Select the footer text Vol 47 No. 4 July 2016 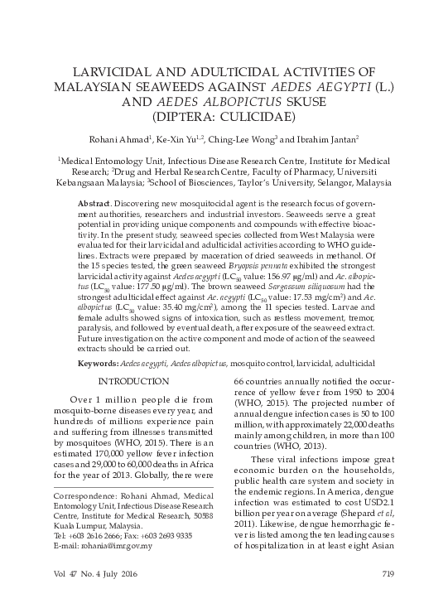(x=96, y=596)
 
